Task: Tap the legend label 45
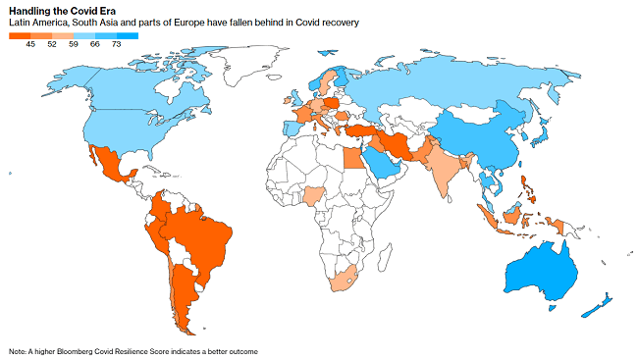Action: tap(31, 44)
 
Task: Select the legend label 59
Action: tap(74, 44)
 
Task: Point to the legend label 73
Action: tap(117, 44)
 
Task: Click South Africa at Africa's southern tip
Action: tap(344, 283)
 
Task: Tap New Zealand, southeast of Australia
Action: tap(598, 304)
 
